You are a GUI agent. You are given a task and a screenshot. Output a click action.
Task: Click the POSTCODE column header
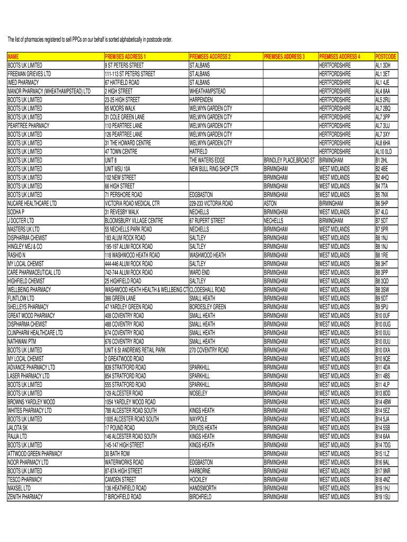386,57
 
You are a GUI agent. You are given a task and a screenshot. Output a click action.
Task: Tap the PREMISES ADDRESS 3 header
284,57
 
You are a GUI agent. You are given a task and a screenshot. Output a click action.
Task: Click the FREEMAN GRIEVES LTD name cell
29,74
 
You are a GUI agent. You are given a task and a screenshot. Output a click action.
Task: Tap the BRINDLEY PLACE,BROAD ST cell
289,160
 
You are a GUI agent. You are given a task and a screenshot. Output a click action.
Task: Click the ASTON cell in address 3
270,203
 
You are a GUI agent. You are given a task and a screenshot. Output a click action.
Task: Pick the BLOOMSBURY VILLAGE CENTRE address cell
134,221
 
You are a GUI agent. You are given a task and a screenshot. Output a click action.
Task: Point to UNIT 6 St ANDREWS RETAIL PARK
135,350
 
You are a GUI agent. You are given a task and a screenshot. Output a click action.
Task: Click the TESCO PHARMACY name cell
25,480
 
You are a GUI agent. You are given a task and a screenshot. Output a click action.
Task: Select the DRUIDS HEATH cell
203,428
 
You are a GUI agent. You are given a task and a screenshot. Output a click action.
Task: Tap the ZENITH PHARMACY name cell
25,497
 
